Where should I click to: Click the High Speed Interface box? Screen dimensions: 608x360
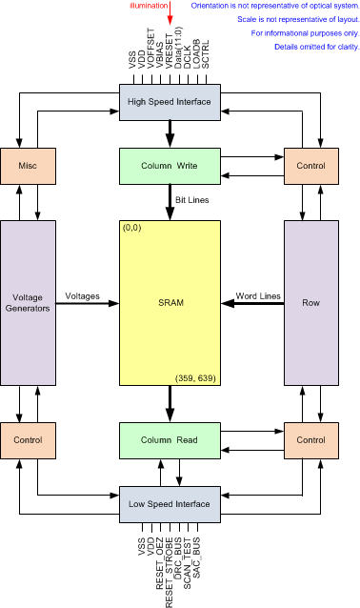pos(168,101)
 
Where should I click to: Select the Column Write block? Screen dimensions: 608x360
pos(168,166)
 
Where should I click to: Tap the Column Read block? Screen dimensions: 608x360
pos(168,441)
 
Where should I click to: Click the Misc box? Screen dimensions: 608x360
pos(27,166)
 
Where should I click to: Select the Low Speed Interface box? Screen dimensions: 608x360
pos(168,501)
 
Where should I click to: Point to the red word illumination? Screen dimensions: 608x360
pos(150,7)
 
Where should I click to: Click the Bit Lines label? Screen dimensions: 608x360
pos(191,201)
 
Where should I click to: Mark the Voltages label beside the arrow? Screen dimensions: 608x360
pos(84,295)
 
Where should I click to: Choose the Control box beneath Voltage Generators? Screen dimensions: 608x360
pos(27,441)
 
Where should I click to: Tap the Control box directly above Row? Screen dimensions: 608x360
pos(311,166)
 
